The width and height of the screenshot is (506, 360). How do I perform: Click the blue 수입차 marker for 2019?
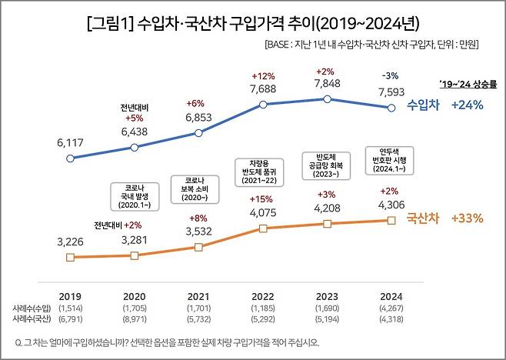click(70, 158)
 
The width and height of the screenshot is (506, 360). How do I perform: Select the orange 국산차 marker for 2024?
click(392, 220)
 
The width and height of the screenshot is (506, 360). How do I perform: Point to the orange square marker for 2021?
click(198, 247)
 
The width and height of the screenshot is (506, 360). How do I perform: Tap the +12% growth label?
click(263, 76)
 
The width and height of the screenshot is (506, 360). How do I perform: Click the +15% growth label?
click(263, 199)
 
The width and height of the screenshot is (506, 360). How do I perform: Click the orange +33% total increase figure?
click(468, 218)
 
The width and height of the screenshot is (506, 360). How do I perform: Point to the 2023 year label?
click(328, 295)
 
